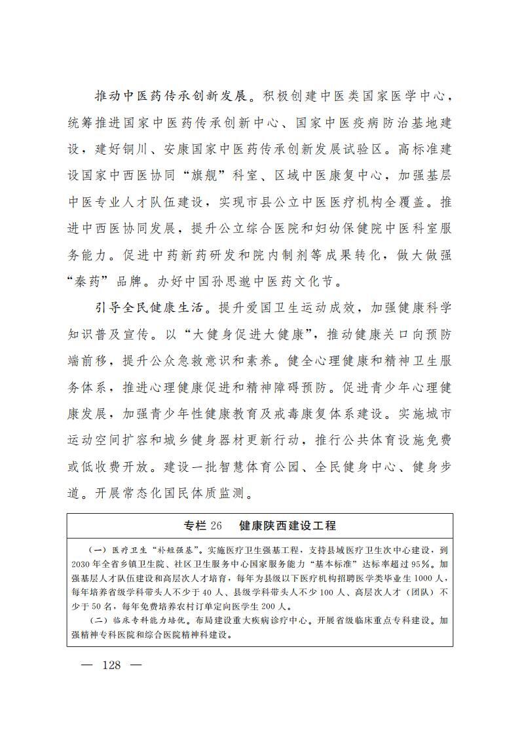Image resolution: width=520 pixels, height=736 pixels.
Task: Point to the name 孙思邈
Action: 254,281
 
